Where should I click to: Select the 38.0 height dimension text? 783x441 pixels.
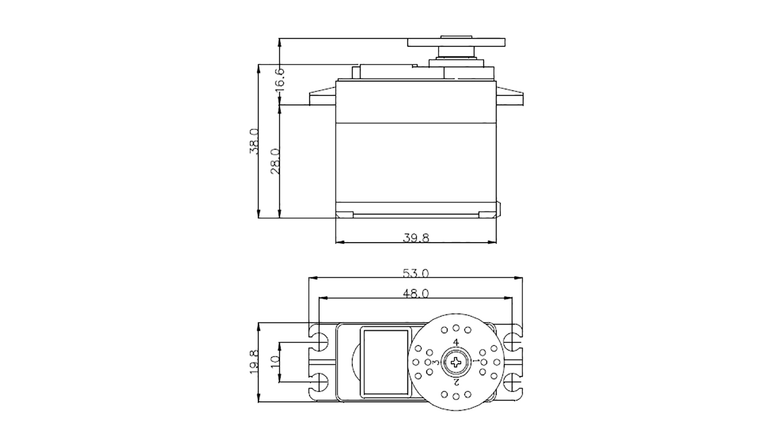pyautogui.click(x=253, y=142)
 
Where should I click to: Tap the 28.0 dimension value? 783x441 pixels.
pyautogui.click(x=275, y=161)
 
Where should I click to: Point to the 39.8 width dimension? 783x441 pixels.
pyautogui.click(x=416, y=238)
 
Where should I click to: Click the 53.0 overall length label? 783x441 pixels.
pyautogui.click(x=416, y=272)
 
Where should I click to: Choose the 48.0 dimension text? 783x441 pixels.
pyautogui.click(x=416, y=293)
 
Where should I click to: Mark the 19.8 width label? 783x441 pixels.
pyautogui.click(x=253, y=362)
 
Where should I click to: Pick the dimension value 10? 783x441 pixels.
pyautogui.click(x=275, y=362)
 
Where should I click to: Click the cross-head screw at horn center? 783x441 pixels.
pyautogui.click(x=456, y=363)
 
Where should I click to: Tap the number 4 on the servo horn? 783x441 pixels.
pyautogui.click(x=456, y=342)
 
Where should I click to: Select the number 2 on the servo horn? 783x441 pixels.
pyautogui.click(x=456, y=382)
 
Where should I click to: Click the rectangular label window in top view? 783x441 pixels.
pyautogui.click(x=385, y=362)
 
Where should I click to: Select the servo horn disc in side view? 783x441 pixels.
pyautogui.click(x=456, y=42)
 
